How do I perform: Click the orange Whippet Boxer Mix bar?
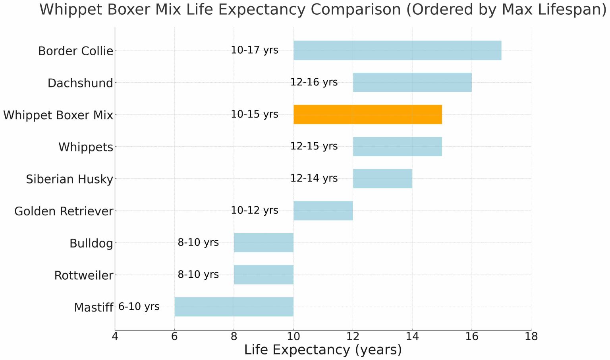click(367, 114)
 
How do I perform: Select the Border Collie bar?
click(397, 50)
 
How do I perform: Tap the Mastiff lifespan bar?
click(234, 307)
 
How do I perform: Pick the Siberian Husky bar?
click(382, 178)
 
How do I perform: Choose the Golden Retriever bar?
click(323, 211)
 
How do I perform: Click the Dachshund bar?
click(412, 82)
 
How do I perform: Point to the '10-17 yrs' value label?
click(255, 50)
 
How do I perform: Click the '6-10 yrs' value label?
click(139, 307)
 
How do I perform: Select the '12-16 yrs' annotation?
click(314, 82)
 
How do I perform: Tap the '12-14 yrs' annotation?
click(314, 178)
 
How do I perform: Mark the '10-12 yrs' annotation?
click(255, 211)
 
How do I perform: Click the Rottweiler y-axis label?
click(84, 275)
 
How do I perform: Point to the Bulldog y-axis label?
click(91, 243)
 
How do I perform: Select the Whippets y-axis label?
click(86, 147)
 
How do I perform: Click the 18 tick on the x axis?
click(531, 337)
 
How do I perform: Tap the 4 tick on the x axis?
click(115, 337)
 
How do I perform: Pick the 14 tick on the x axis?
click(412, 337)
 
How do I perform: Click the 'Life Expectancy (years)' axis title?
click(323, 350)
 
